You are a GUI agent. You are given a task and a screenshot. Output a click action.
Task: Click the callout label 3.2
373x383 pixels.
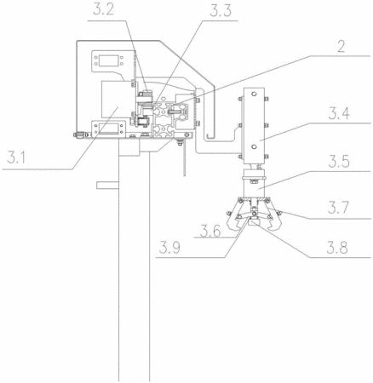pyautogui.click(x=103, y=10)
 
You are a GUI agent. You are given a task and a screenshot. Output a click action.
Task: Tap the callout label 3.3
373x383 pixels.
pyautogui.click(x=221, y=10)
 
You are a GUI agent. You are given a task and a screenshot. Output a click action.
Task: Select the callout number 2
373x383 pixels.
pyautogui.click(x=341, y=47)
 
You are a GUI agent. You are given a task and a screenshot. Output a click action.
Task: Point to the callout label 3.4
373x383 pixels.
pyautogui.click(x=339, y=113)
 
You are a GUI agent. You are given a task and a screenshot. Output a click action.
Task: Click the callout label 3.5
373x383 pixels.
pyautogui.click(x=339, y=162)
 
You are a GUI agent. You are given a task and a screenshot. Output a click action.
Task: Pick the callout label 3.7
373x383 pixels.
pyautogui.click(x=338, y=208)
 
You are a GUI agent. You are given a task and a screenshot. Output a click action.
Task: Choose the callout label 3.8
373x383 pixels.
pyautogui.click(x=337, y=248)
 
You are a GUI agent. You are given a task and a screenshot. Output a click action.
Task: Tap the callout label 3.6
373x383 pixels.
pyautogui.click(x=210, y=231)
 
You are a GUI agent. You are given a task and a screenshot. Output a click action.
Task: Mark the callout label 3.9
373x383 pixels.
pyautogui.click(x=169, y=248)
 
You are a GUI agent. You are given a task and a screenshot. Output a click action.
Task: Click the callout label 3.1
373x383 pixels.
pyautogui.click(x=16, y=157)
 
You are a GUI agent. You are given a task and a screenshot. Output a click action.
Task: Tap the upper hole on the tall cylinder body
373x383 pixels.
pyautogui.click(x=254, y=94)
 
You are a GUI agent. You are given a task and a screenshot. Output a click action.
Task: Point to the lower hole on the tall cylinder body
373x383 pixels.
pyautogui.click(x=254, y=146)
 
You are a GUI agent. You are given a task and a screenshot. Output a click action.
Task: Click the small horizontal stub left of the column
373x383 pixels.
pyautogui.click(x=107, y=186)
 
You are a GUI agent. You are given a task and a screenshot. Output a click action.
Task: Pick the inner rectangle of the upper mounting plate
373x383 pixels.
pyautogui.click(x=108, y=60)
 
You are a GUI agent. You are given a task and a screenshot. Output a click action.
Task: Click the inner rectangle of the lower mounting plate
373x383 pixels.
pyautogui.click(x=107, y=129)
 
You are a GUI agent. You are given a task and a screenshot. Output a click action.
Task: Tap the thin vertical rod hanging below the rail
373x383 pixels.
pyautogui.click(x=185, y=159)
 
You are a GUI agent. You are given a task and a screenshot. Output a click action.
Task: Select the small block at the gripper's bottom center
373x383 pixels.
pyautogui.click(x=254, y=222)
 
